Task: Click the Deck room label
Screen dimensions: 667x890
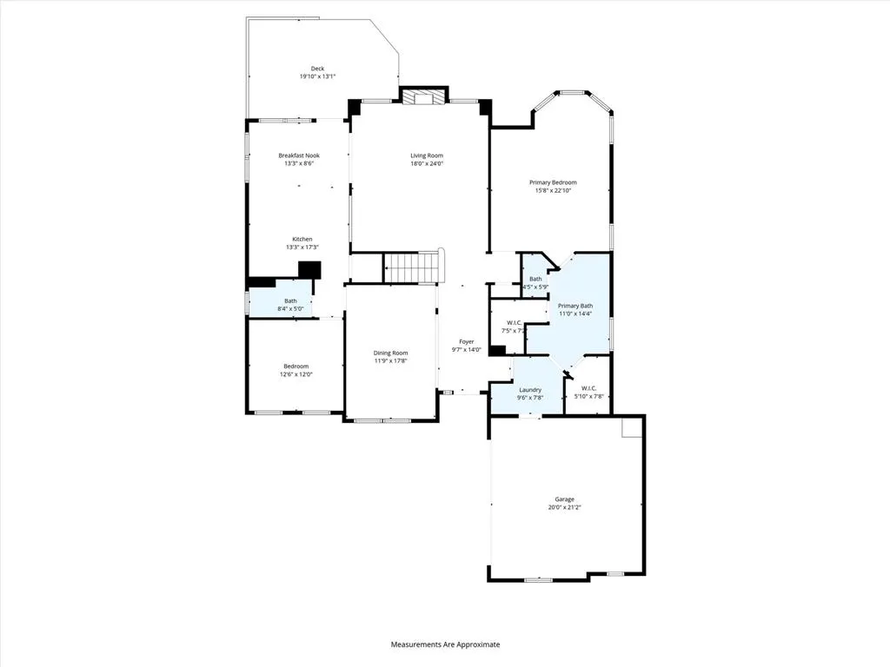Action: tap(317, 69)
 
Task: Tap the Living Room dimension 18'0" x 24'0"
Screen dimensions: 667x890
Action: tap(427, 163)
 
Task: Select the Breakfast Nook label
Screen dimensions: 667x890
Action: tap(299, 155)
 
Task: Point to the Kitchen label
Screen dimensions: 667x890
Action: tap(302, 239)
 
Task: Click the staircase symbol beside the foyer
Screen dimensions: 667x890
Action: tap(414, 267)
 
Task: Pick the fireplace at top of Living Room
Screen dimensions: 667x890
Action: tap(423, 96)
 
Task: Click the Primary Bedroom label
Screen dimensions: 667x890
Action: tap(553, 182)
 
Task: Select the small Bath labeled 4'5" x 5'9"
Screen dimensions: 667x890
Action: tap(535, 283)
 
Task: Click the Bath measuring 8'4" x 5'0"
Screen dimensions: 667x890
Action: tap(290, 304)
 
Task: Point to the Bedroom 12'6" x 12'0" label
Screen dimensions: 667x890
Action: tap(296, 367)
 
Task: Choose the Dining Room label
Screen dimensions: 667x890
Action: tap(390, 353)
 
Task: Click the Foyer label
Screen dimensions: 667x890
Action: tap(467, 342)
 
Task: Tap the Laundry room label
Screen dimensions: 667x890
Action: tap(529, 390)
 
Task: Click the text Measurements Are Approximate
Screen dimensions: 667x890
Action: tap(445, 644)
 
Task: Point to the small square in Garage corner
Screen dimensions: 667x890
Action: tap(631, 427)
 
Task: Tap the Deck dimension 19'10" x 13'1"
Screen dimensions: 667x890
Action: tap(317, 76)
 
